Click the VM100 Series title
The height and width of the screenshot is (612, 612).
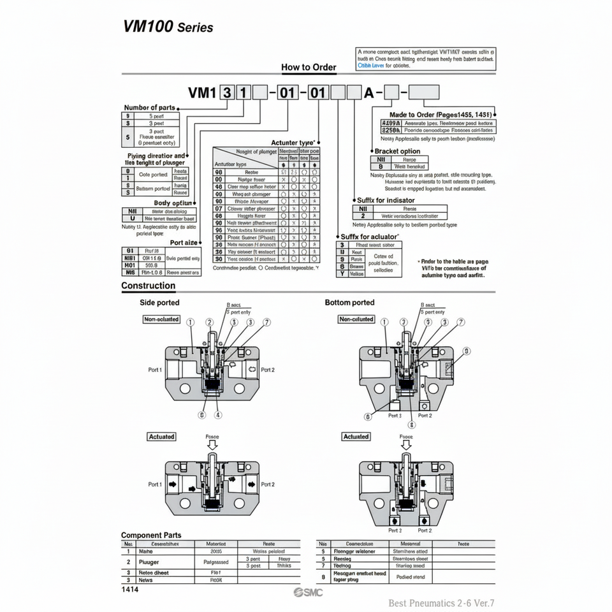tap(168, 27)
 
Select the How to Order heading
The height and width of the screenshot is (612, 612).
tap(309, 67)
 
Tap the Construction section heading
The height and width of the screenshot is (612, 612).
tap(148, 286)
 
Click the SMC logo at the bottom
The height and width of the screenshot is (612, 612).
tap(309, 593)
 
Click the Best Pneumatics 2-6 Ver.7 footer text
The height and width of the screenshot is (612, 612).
tap(441, 602)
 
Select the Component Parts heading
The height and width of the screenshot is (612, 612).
tap(151, 535)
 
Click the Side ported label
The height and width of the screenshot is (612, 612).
tap(159, 303)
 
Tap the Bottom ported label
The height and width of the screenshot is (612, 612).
tap(349, 303)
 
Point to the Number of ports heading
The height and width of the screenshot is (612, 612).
tap(149, 108)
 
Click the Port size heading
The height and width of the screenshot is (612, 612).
tap(183, 242)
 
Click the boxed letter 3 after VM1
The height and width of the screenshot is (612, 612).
tap(226, 93)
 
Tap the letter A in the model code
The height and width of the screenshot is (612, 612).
tap(368, 93)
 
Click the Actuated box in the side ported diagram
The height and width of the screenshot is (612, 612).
tap(161, 437)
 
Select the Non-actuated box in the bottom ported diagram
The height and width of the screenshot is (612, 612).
tap(356, 319)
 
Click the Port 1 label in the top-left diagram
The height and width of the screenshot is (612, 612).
tap(155, 370)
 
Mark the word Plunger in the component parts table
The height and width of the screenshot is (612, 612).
tap(149, 562)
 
